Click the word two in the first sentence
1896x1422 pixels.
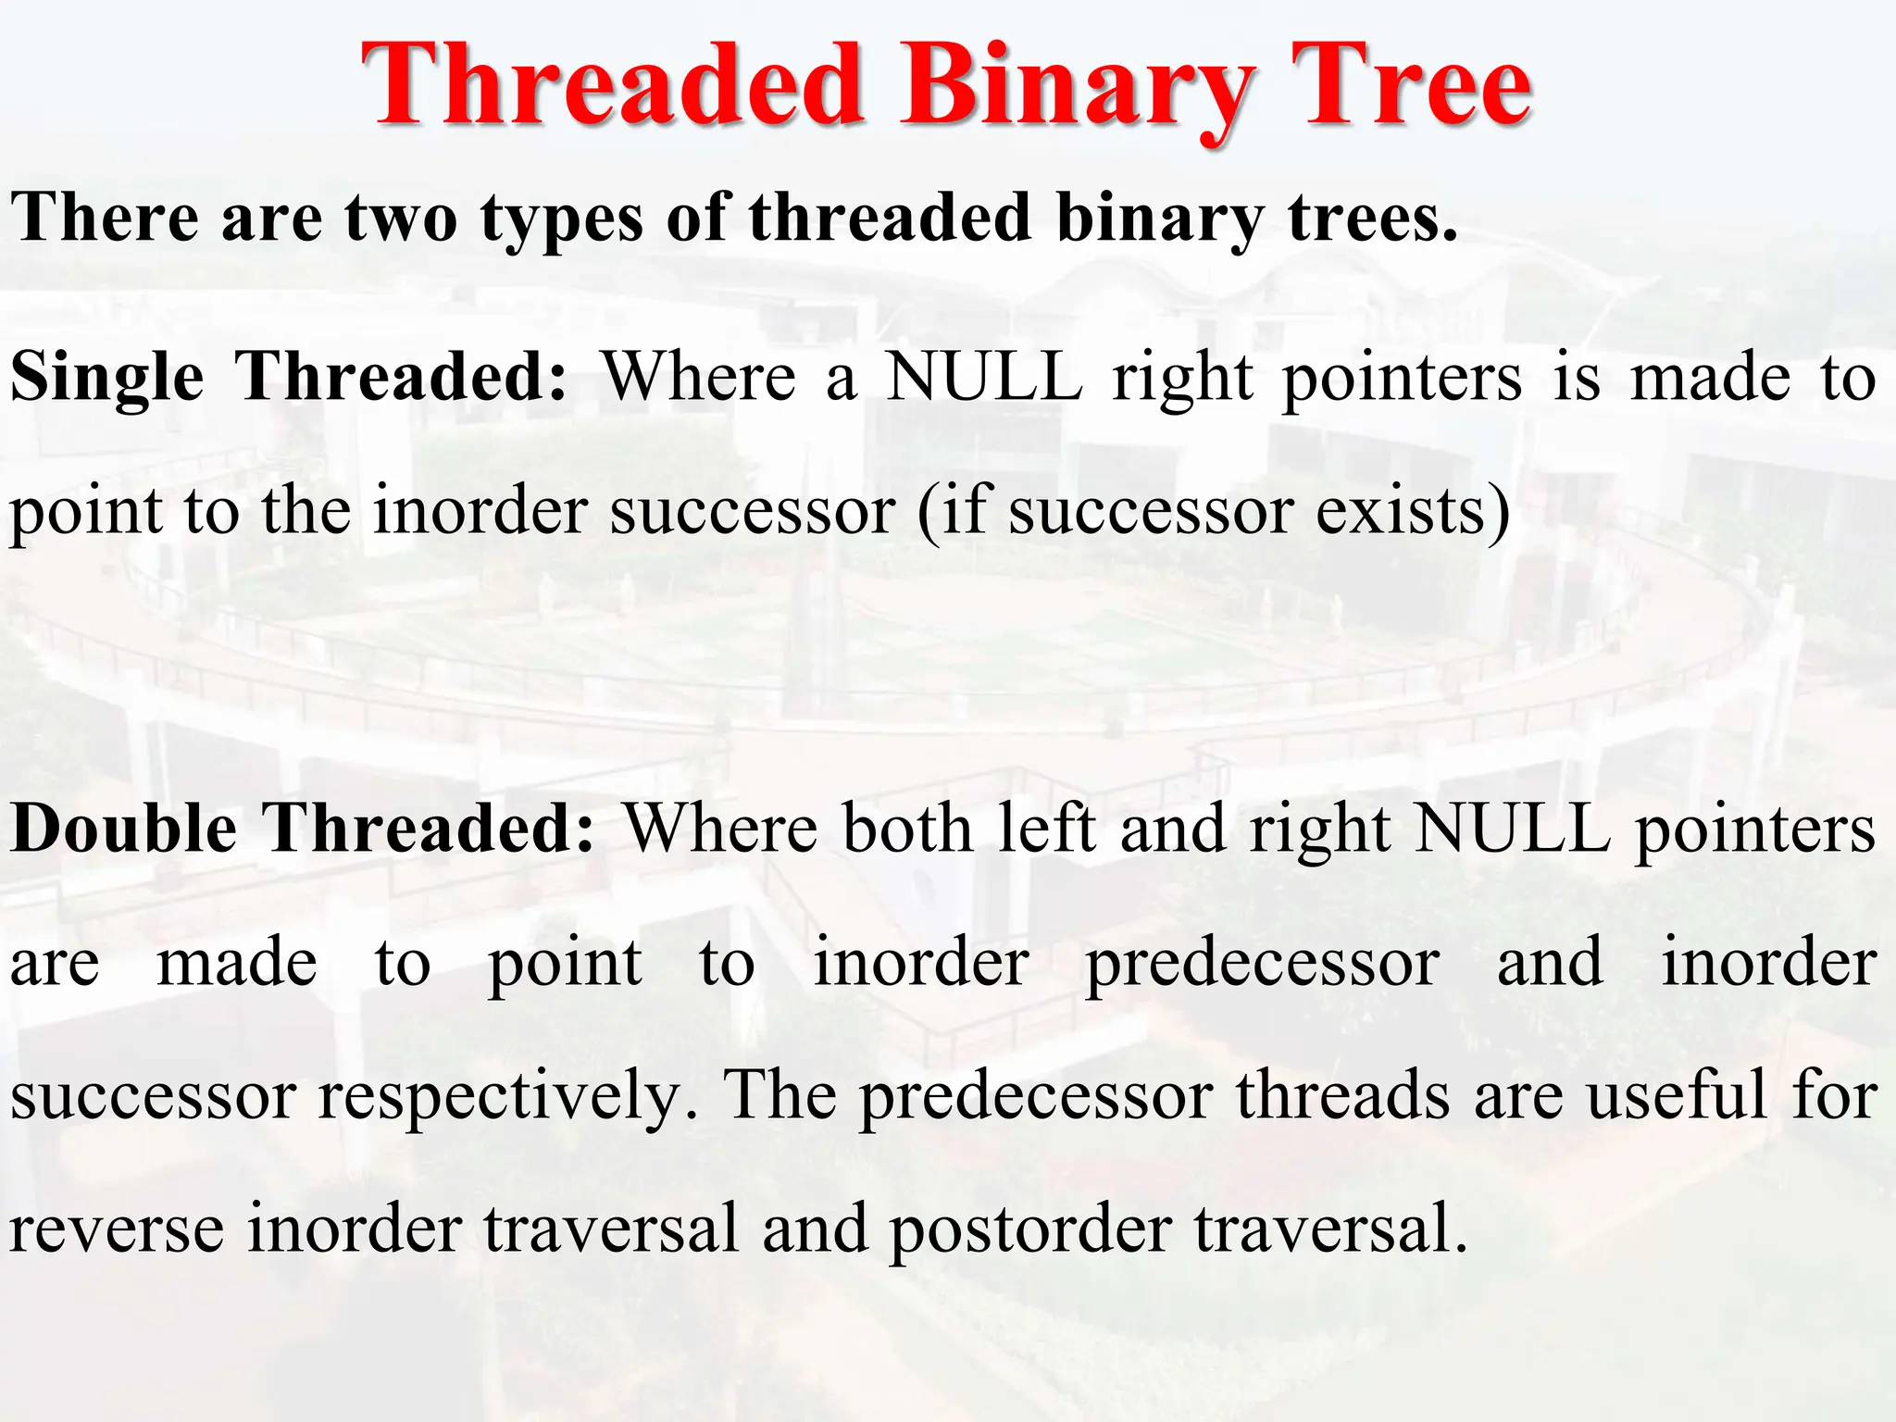[400, 218]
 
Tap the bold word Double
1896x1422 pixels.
[124, 829]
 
